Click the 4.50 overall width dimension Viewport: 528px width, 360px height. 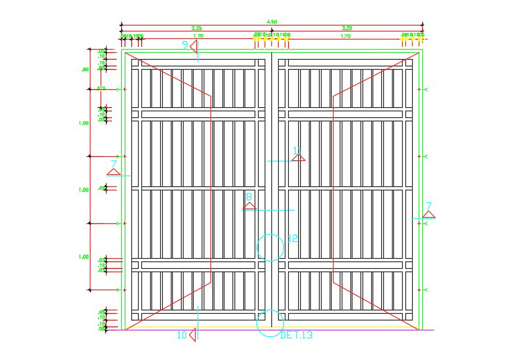point(273,21)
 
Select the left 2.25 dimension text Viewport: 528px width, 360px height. point(197,28)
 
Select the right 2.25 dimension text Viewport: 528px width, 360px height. point(347,28)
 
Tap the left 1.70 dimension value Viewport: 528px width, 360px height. point(198,36)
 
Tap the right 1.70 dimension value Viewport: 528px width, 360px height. point(346,36)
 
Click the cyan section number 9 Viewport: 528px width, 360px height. point(186,44)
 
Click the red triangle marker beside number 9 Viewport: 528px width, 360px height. point(192,46)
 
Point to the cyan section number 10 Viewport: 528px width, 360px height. point(181,335)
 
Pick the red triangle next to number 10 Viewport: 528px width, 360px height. point(192,334)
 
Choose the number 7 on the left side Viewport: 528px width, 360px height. point(114,164)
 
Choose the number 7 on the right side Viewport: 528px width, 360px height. point(429,206)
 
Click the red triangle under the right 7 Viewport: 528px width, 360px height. point(429,215)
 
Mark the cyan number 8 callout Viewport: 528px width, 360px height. point(249,197)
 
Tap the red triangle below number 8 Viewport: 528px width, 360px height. point(249,206)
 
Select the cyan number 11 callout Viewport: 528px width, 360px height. point(298,150)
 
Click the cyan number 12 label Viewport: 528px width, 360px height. point(292,238)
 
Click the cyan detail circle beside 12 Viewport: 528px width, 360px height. point(271,247)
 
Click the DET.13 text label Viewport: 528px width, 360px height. point(297,335)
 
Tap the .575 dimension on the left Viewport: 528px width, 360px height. point(101,88)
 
